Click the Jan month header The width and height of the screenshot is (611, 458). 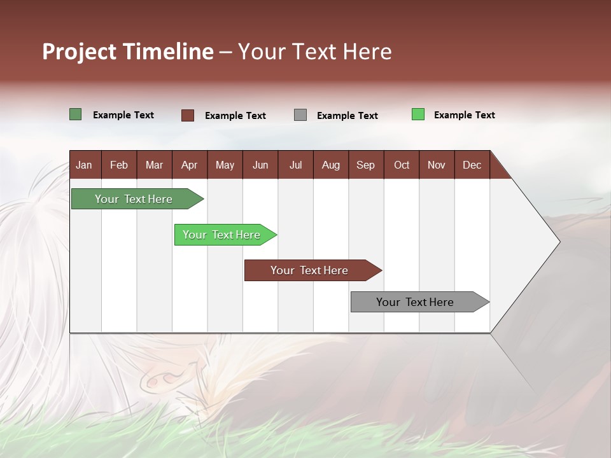point(84,165)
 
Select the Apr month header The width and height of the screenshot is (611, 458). point(189,165)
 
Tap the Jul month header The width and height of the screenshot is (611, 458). point(295,165)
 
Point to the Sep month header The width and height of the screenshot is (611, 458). point(365,165)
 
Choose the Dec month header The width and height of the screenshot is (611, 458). point(472,165)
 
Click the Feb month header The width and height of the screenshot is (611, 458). point(119,165)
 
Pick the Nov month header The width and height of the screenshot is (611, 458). point(436,165)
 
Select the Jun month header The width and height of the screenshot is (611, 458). point(260,165)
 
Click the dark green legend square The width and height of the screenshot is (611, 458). point(76,114)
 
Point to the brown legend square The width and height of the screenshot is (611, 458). point(188,115)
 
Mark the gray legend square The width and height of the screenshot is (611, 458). point(300,115)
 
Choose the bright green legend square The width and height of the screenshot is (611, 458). point(418,114)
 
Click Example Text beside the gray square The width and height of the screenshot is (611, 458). point(347,116)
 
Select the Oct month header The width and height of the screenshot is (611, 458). point(402,165)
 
